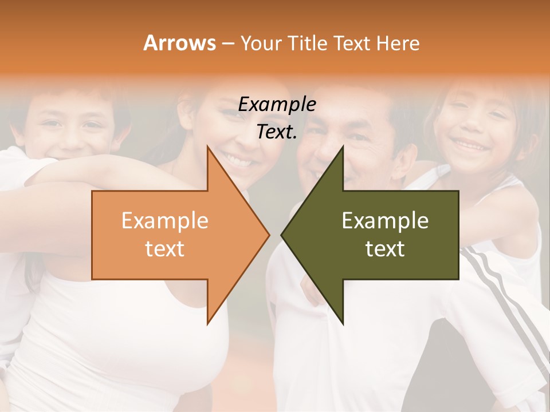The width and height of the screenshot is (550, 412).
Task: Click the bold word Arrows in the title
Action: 179,43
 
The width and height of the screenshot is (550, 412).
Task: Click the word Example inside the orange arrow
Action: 165,221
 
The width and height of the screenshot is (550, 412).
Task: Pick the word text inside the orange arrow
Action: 165,249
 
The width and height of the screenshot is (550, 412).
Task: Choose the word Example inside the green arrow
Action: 385,221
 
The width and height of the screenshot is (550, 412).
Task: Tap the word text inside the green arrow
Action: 385,249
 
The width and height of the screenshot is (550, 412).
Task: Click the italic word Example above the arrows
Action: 277,105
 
